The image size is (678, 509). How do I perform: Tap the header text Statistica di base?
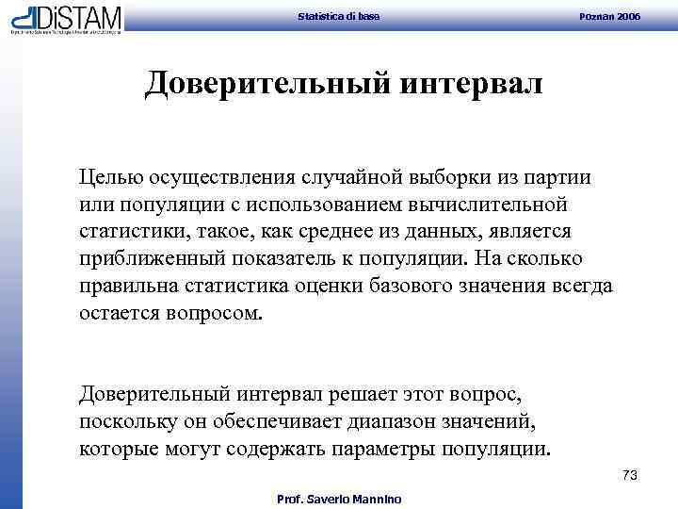tap(338, 17)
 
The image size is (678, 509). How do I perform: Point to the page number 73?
tap(630, 476)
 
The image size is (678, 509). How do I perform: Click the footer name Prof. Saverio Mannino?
tap(338, 499)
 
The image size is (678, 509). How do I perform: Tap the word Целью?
tap(108, 177)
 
